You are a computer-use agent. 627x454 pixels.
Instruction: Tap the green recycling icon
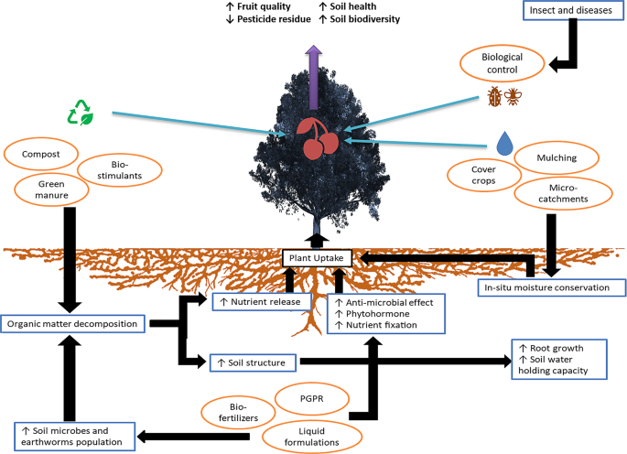coord(81,113)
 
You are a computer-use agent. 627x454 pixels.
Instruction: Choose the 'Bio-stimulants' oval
coord(121,169)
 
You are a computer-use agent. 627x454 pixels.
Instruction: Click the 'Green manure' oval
coord(55,189)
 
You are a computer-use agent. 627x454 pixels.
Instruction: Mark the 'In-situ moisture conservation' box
coord(552,287)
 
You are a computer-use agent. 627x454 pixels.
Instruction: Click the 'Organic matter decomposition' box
coord(73,323)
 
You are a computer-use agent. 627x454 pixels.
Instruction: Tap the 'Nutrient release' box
coord(260,301)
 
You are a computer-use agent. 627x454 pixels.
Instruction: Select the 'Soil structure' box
coord(253,362)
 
